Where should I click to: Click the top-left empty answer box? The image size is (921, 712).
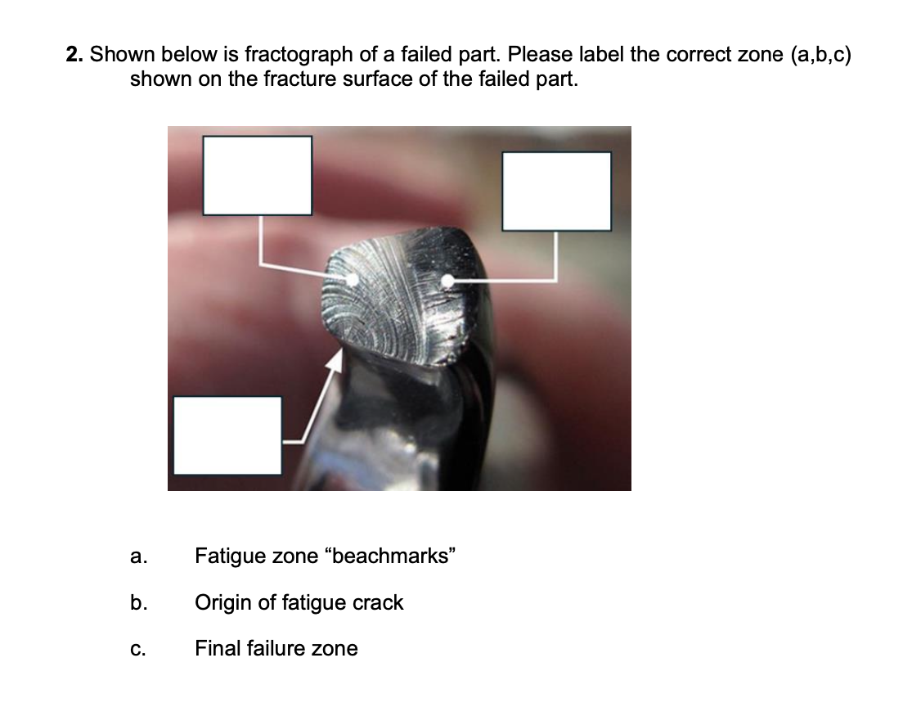point(258,175)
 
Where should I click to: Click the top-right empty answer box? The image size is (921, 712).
point(556,191)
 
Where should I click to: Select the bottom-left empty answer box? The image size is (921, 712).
point(227,435)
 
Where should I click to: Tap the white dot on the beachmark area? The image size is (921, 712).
point(352,279)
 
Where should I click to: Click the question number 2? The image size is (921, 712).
point(74,55)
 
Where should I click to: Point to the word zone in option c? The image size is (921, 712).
point(334,649)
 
